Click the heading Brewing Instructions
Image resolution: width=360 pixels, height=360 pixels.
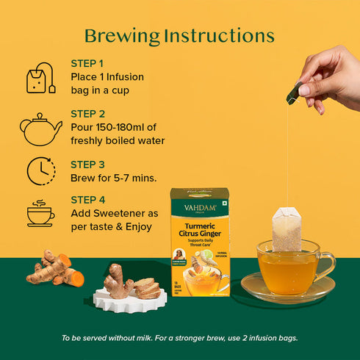[179, 36]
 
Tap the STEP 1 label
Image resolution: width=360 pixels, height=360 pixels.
[87, 63]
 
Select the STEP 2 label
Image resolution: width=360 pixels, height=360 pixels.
[87, 114]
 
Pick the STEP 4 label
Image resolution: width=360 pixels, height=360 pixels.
[87, 200]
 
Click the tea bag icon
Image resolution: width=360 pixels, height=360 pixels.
[40, 79]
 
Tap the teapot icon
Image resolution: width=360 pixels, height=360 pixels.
[40, 129]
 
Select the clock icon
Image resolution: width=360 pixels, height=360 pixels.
[41, 170]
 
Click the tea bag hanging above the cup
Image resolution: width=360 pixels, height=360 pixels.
[287, 228]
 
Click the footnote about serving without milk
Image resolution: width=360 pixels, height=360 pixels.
[179, 338]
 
